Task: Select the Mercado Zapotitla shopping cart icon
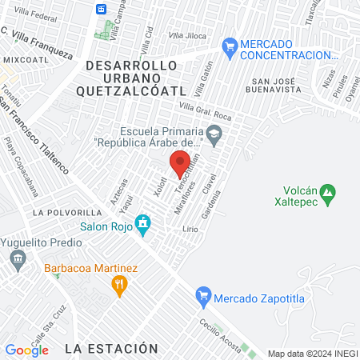tap(203, 296)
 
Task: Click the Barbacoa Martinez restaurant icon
tap(120, 283)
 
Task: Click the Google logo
tap(27, 350)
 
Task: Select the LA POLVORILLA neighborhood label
tap(66, 214)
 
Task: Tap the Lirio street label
tap(190, 229)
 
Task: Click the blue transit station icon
tap(102, 9)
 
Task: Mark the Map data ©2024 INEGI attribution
tap(311, 353)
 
